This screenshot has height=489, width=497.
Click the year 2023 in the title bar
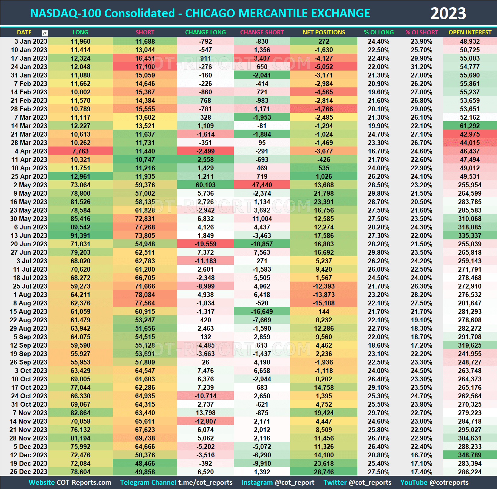pos(448,14)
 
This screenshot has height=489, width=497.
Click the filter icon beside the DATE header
pos(45,33)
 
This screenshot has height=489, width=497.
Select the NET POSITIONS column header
pos(324,32)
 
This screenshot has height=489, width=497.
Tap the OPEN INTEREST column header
pos(470,32)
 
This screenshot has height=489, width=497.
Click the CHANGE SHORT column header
pos(262,32)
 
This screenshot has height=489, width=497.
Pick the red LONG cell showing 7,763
pos(81,151)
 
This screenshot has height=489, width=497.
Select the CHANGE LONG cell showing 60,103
pos(205,185)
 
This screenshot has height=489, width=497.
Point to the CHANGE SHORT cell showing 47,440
pos(262,185)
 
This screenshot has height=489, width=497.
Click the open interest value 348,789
pos(470,455)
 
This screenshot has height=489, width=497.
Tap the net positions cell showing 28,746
pos(324,472)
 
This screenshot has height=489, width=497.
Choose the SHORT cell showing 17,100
pos(145,67)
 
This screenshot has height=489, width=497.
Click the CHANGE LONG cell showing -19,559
pos(205,244)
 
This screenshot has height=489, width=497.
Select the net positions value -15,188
pos(324,303)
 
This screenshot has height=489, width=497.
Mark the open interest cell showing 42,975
pos(470,134)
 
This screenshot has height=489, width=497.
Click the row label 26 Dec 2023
pos(29,472)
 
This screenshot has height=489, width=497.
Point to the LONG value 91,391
pos(81,235)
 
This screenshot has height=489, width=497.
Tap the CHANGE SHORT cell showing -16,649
pos(262,311)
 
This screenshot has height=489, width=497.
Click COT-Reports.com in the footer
pos(84,482)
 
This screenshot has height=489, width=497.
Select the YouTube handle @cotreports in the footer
pos(449,482)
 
